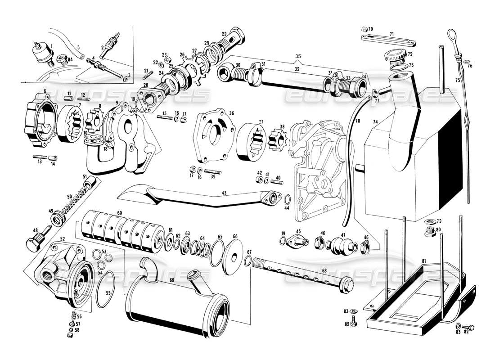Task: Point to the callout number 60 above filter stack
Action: pos(120,213)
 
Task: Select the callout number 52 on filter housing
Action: pos(62,239)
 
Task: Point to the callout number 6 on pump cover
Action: pos(45,91)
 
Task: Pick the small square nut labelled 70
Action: pos(364,30)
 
